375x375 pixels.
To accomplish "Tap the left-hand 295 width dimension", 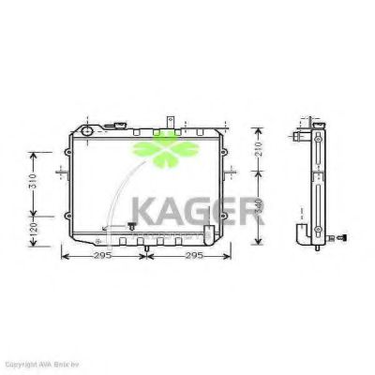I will tap(102, 255).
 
